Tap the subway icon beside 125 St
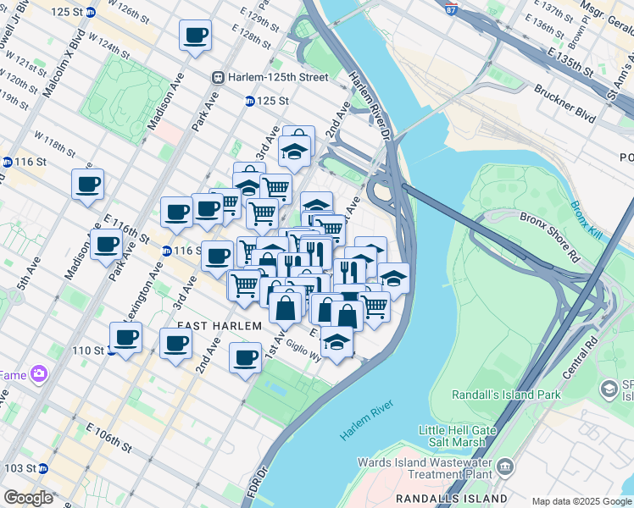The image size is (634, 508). (250, 101)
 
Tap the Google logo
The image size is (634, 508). (28, 498)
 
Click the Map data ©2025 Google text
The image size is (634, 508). (581, 501)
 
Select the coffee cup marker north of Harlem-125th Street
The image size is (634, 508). (196, 36)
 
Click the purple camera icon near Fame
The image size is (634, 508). (38, 373)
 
